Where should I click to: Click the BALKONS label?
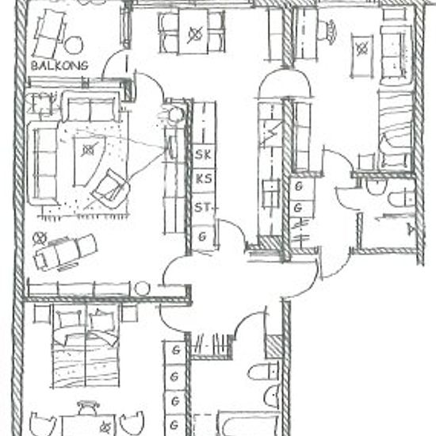(x=59, y=63)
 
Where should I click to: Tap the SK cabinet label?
(x=203, y=155)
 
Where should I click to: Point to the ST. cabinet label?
(x=203, y=208)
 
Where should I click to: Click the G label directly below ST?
(x=203, y=236)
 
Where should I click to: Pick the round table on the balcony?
(x=74, y=45)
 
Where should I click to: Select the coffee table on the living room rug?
(x=89, y=151)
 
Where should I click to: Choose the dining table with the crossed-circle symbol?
(x=193, y=33)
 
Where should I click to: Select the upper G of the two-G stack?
(x=300, y=186)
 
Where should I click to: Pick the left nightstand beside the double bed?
(x=42, y=314)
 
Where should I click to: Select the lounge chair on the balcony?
(x=51, y=29)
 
